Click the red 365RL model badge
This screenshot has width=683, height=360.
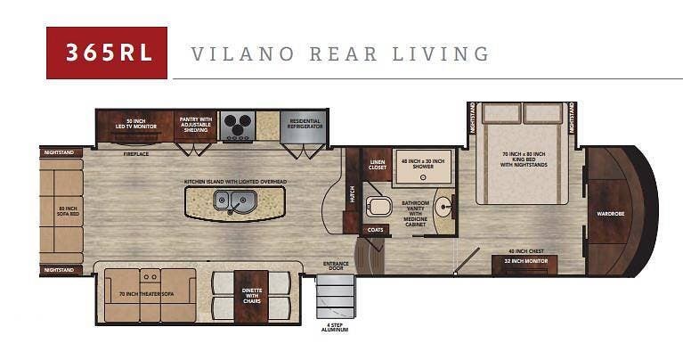(x=107, y=53)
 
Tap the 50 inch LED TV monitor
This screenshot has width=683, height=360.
(x=135, y=126)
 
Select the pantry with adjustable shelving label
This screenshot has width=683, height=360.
(x=195, y=125)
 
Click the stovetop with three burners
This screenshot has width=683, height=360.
(x=237, y=126)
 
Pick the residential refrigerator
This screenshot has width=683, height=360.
(x=304, y=127)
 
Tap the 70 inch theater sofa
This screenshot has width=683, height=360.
(x=143, y=295)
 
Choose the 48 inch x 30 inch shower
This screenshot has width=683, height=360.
(x=423, y=166)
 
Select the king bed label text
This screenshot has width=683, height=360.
(x=522, y=160)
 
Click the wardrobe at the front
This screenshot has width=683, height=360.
(x=610, y=212)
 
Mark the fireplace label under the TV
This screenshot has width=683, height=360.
(x=135, y=153)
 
